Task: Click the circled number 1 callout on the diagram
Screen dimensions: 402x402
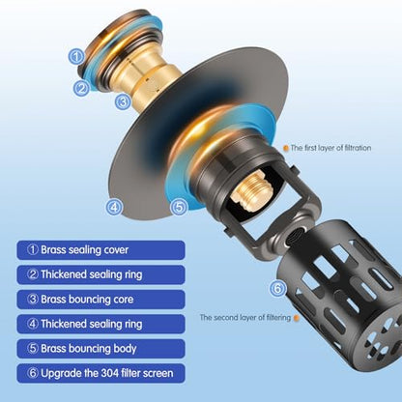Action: tap(76, 57)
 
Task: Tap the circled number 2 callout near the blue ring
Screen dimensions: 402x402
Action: tap(81, 88)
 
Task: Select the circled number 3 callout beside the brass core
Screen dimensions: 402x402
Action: tap(123, 102)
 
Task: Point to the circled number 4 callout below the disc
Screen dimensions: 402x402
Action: tap(114, 207)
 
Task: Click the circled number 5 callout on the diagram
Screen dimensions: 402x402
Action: tap(179, 207)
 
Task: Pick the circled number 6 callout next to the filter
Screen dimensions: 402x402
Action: tap(277, 289)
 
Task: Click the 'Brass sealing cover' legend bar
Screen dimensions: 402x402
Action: tap(100, 250)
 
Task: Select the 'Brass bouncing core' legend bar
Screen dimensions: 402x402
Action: tap(100, 300)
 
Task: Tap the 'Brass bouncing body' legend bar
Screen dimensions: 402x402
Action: tap(100, 349)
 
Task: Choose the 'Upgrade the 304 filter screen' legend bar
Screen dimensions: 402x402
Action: tap(100, 373)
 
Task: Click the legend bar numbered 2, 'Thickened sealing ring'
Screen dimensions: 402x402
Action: tap(100, 274)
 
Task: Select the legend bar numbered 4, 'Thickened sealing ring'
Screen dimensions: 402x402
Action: tap(100, 324)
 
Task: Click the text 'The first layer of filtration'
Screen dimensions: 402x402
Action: tap(330, 148)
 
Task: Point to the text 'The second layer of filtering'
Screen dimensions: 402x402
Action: tap(245, 318)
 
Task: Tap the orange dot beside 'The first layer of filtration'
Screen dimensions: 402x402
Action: tap(286, 149)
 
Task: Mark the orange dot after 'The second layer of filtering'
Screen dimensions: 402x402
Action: tap(297, 318)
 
